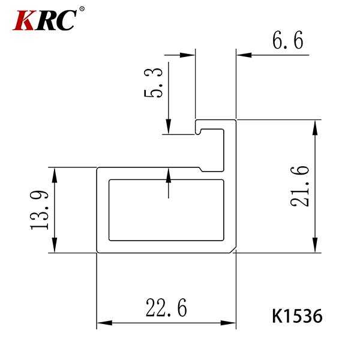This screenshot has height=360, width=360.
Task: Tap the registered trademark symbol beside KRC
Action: pos(82,9)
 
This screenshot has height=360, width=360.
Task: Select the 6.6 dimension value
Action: pos(288,40)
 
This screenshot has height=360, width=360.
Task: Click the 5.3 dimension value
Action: pos(154,83)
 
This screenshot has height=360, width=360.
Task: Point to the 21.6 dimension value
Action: pos(300,186)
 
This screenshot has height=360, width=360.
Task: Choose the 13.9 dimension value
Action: pos(39,210)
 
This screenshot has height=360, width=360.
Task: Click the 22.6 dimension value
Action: pos(166,308)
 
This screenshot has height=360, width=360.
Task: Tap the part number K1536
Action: pos(297,316)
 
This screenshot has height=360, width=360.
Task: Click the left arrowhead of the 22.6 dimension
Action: pos(104,323)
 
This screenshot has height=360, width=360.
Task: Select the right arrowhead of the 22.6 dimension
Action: pos(228,323)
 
